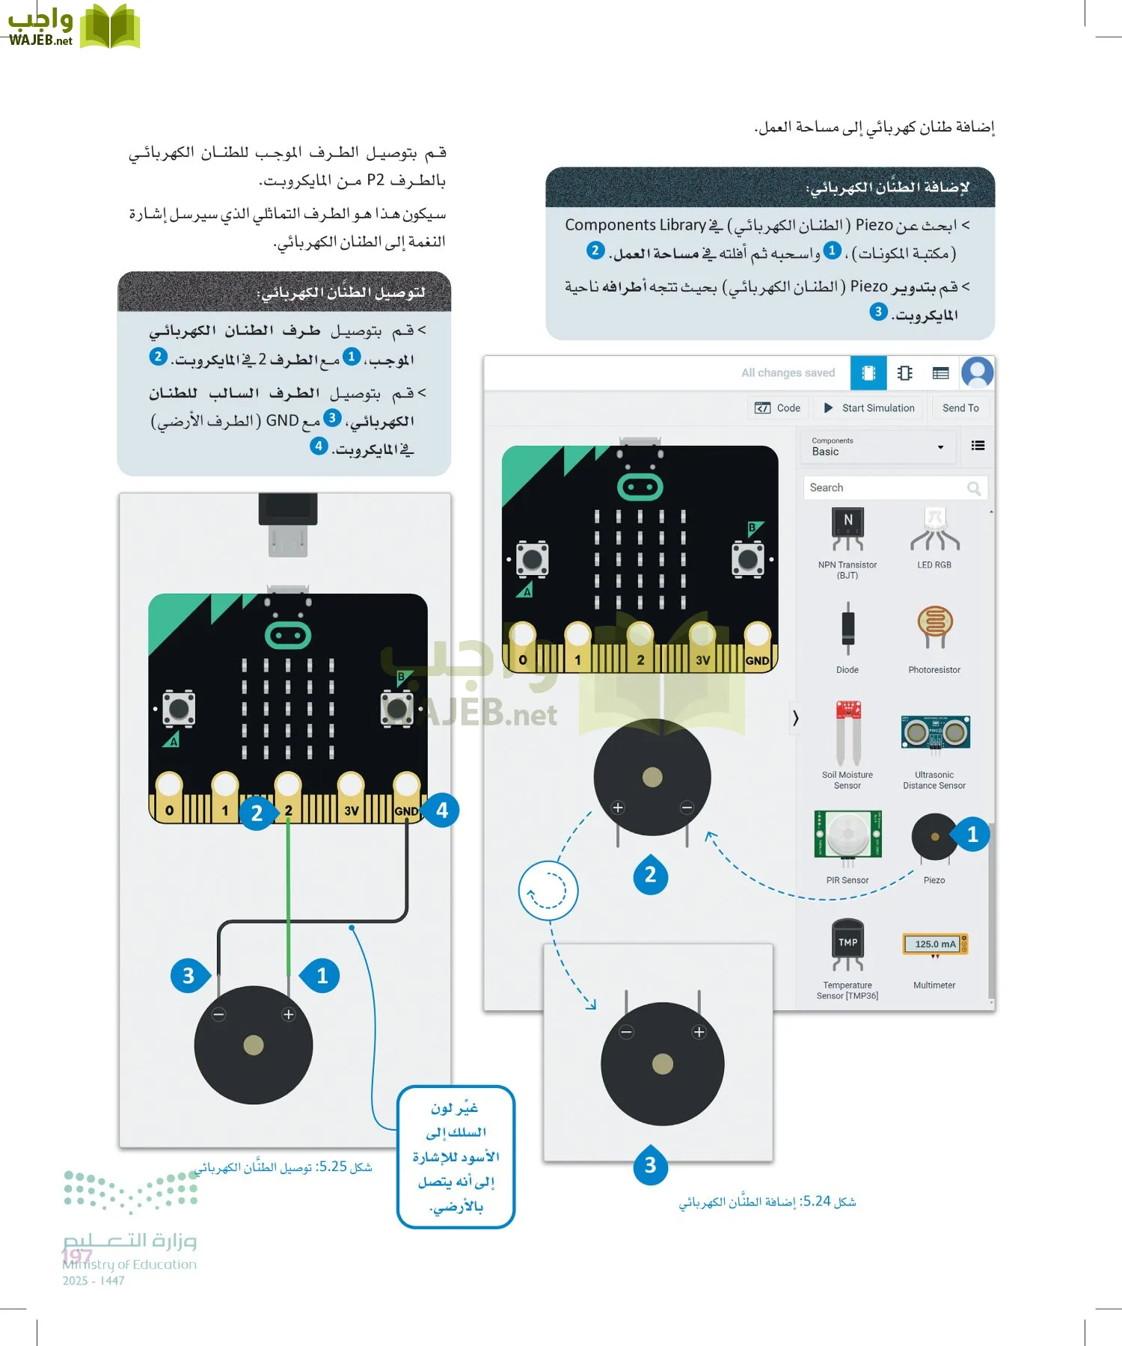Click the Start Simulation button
pyautogui.click(x=869, y=408)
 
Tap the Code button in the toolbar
pyautogui.click(x=778, y=408)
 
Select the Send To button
pyautogui.click(x=960, y=408)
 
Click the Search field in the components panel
pyautogui.click(x=886, y=488)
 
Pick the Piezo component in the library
pyautogui.click(x=934, y=838)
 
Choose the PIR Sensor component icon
pyautogui.click(x=847, y=835)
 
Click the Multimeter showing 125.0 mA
pyautogui.click(x=935, y=944)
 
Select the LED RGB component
pyautogui.click(x=934, y=529)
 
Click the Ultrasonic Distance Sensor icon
pyautogui.click(x=935, y=733)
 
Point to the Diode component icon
pyautogui.click(x=847, y=628)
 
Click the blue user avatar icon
pyautogui.click(x=977, y=372)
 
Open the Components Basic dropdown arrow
pyautogui.click(x=940, y=447)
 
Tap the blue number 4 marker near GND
pyautogui.click(x=442, y=811)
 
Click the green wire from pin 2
pyautogui.click(x=288, y=897)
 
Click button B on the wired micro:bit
pyautogui.click(x=396, y=707)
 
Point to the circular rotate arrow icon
pyautogui.click(x=548, y=891)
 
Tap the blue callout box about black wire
pyautogui.click(x=456, y=1156)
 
